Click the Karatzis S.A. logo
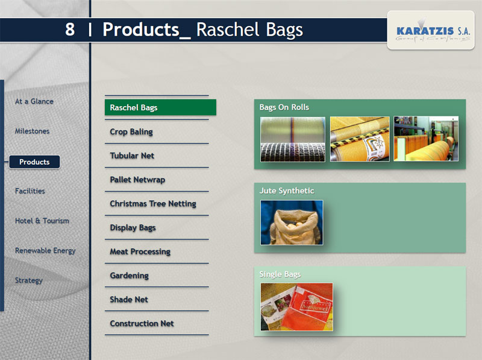(431, 31)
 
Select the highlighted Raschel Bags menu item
(160, 107)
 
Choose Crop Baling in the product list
(131, 131)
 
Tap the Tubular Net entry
(132, 156)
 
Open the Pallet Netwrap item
(137, 180)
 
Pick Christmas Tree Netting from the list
(153, 204)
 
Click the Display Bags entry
(133, 228)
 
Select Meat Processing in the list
(140, 251)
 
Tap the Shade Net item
(129, 299)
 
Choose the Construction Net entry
(142, 323)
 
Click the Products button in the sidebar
(34, 162)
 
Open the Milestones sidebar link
(32, 131)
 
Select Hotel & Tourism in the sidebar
(42, 221)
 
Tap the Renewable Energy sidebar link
(45, 250)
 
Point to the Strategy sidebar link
(28, 280)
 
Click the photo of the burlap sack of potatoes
(292, 223)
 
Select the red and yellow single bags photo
(296, 307)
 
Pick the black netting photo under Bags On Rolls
(293, 139)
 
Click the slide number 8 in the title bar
(70, 30)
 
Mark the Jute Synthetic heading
(287, 191)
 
